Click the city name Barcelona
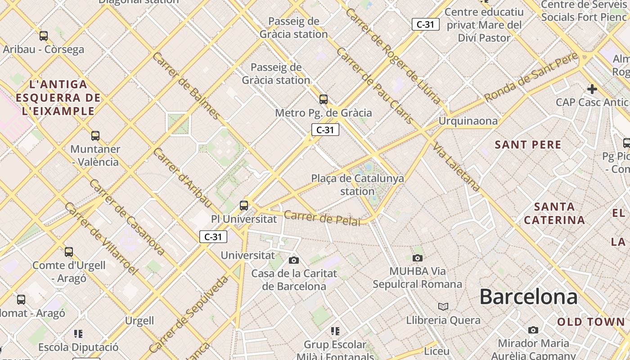[528, 297]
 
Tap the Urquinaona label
[468, 121]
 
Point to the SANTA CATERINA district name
[554, 213]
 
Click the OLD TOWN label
[591, 322]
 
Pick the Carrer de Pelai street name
[322, 218]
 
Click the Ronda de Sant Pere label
[531, 77]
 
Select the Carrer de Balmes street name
[186, 85]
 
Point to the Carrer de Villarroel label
[101, 238]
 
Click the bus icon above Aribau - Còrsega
[44, 36]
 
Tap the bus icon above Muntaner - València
[95, 135]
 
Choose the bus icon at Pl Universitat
[244, 206]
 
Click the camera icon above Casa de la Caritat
[294, 260]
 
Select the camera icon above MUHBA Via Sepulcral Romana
[418, 258]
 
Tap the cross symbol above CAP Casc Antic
[592, 89]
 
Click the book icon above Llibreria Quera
[443, 306]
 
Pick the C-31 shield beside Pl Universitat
[213, 237]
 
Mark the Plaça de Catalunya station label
[357, 184]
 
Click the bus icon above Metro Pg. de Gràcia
[323, 99]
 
